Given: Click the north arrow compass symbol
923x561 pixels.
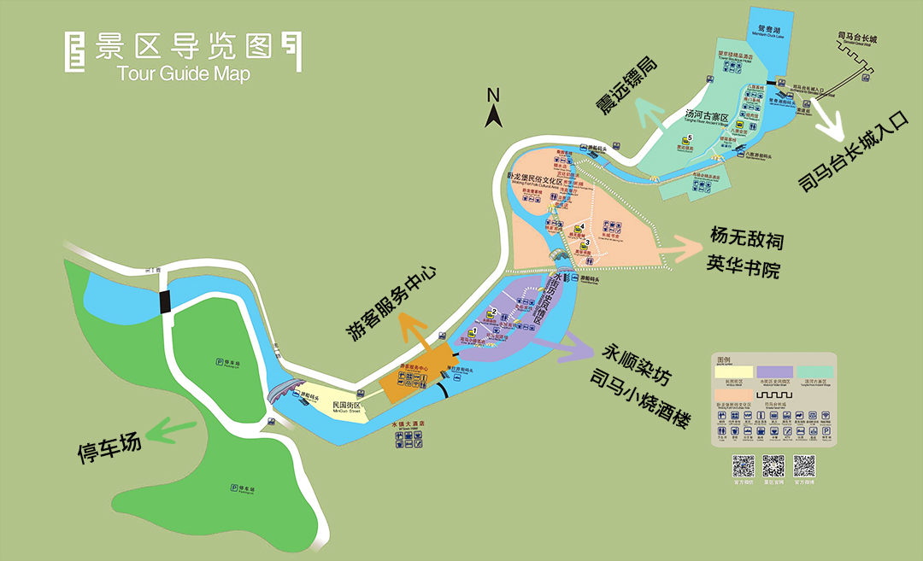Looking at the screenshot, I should [x=492, y=108].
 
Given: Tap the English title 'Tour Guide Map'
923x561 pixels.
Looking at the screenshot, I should [x=185, y=73].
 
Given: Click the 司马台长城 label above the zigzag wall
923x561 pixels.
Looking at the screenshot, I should [x=858, y=38].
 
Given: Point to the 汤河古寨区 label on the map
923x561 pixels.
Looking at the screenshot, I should [x=706, y=117].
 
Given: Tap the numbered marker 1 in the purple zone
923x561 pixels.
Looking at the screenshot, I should [x=473, y=330].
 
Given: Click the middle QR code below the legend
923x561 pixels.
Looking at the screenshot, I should [x=773, y=465].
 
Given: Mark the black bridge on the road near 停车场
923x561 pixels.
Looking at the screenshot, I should [x=164, y=301].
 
